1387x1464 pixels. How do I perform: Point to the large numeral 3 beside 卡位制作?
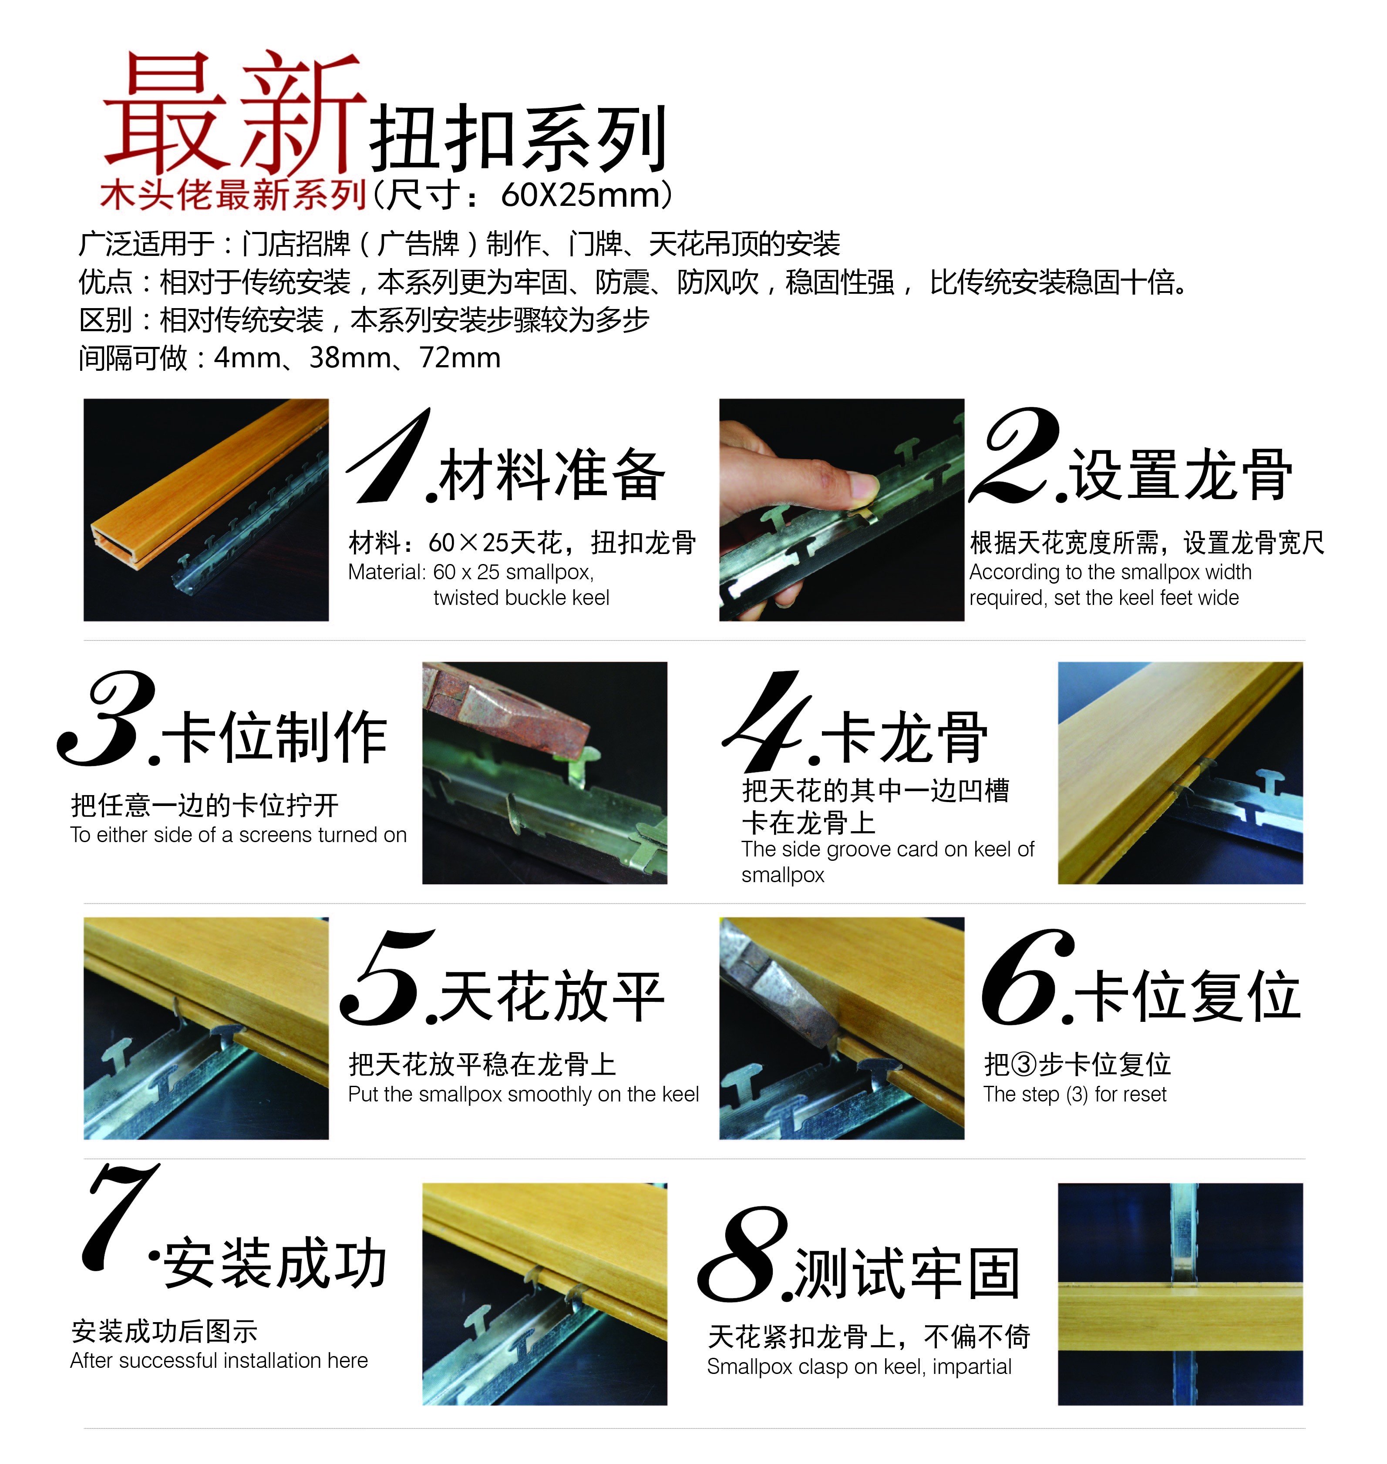(107, 719)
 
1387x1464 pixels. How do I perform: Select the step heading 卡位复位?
(1187, 995)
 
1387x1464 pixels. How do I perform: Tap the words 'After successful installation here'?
(219, 1360)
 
